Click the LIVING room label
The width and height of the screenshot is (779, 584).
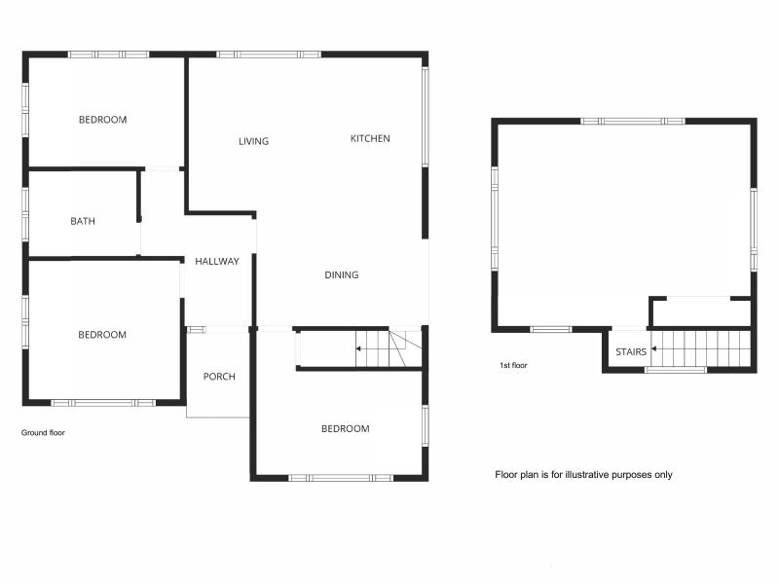253,141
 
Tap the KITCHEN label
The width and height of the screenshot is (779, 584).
370,138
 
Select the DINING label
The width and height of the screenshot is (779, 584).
342,274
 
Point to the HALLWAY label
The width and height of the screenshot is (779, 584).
216,261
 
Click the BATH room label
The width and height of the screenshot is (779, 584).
83,221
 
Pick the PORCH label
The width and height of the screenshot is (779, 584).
219,377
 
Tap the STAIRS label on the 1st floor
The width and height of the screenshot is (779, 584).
631,351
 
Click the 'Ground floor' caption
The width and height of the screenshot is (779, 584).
43,432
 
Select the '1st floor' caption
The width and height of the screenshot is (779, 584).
513,365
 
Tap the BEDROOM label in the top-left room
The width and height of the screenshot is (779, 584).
103,120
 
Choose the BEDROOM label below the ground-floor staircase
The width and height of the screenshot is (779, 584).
346,428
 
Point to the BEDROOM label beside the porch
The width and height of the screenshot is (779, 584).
102,335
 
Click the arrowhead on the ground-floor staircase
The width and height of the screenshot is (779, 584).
357,348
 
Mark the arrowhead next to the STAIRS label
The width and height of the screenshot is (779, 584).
653,348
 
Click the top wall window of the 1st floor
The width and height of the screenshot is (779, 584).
632,121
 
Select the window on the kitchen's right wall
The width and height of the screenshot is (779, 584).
426,117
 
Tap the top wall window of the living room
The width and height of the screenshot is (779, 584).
269,55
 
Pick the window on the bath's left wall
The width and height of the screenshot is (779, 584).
25,214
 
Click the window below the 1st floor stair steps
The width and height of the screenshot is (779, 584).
676,370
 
